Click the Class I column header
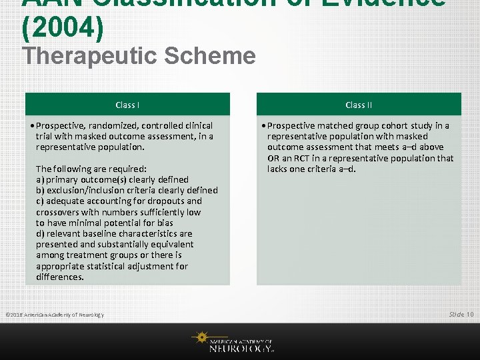(x=127, y=105)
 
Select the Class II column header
(x=359, y=105)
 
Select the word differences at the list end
(x=59, y=277)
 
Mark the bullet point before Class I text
(x=32, y=125)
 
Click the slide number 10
(x=471, y=314)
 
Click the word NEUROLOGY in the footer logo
(x=241, y=347)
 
